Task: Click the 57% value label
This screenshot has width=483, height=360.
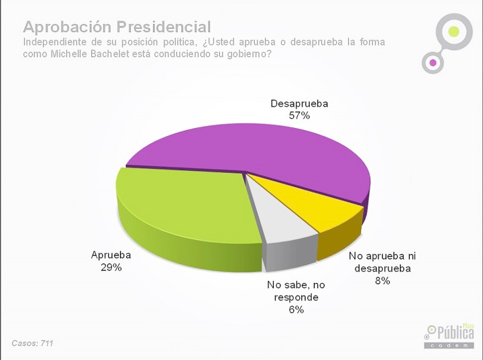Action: point(299,115)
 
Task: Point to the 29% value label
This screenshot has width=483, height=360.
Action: point(111,267)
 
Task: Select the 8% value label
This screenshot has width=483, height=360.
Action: point(382,280)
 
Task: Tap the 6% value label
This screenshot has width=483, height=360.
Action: point(297,310)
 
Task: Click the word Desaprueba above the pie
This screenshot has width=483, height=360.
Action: point(299,103)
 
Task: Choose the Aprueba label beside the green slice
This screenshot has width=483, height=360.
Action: point(111,255)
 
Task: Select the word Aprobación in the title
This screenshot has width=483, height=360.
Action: point(67,27)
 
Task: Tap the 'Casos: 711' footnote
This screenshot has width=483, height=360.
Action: point(32,343)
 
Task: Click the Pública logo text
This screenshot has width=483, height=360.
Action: point(455,333)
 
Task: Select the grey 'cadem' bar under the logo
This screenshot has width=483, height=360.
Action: point(449,345)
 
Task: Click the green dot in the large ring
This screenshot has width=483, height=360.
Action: point(453,32)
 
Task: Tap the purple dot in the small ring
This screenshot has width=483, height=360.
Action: point(433,62)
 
